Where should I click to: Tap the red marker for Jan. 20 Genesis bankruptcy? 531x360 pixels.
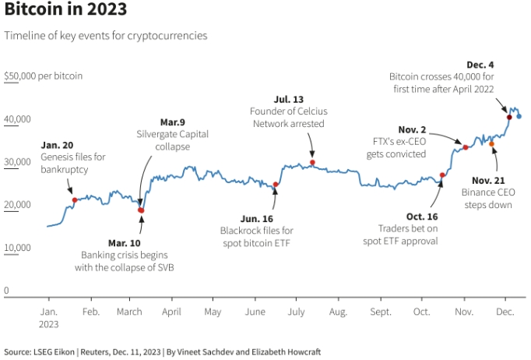point(75,200)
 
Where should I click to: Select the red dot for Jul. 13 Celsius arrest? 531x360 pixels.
point(312,163)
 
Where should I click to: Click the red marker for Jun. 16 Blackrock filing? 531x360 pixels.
point(276,185)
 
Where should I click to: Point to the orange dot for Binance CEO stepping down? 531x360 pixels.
point(491,144)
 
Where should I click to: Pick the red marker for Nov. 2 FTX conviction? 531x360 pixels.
point(466,147)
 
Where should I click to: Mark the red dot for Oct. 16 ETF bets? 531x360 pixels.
point(442,175)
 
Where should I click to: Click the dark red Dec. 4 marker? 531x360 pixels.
point(509,117)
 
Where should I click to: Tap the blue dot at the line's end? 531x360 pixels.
point(519,116)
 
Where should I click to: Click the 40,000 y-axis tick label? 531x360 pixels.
point(16,119)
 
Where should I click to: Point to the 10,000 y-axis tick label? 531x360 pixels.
point(16,248)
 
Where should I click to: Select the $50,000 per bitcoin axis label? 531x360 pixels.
point(43,76)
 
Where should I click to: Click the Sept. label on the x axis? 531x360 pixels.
point(381,312)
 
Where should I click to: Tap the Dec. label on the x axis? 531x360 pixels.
point(505,312)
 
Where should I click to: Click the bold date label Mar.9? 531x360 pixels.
point(174,122)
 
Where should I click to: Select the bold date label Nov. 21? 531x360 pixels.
point(488,180)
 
